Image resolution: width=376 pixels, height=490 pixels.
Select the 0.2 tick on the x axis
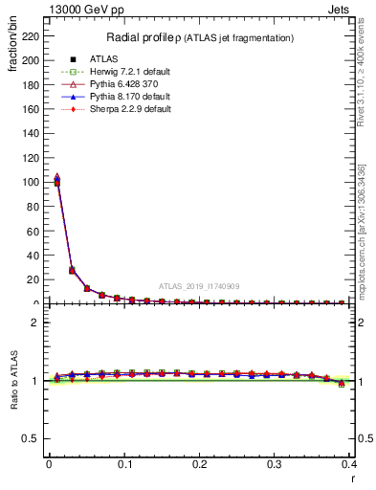tap(199, 464)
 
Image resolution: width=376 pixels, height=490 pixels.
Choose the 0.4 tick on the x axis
tap(349, 464)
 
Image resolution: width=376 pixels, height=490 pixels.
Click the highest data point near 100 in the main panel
tap(56, 178)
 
